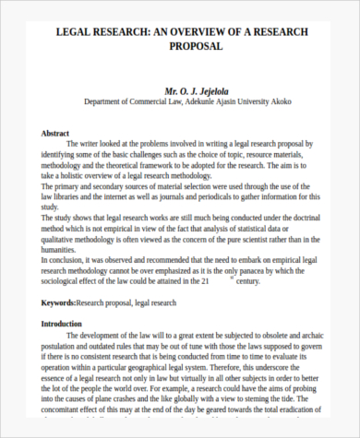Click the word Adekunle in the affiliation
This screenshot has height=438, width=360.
click(213, 104)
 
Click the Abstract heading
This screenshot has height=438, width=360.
click(56, 134)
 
